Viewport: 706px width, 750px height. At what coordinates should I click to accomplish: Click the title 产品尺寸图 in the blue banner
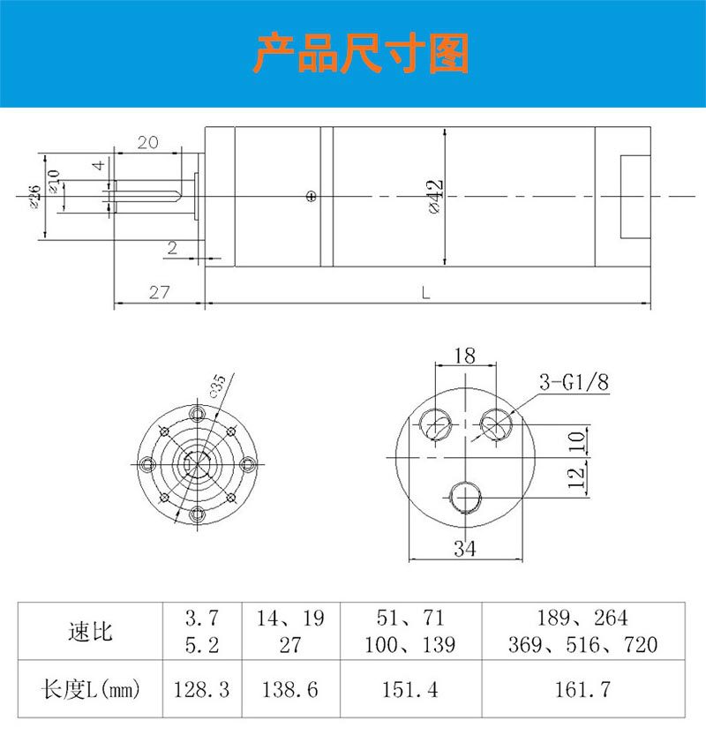pyautogui.click(x=361, y=55)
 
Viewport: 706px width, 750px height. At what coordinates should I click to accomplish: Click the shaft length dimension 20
pyautogui.click(x=147, y=143)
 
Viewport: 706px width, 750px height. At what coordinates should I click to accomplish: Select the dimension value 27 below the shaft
pyautogui.click(x=158, y=293)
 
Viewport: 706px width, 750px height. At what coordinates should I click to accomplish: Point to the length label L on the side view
pyautogui.click(x=425, y=293)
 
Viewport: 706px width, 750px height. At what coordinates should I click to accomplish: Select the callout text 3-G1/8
pyautogui.click(x=575, y=383)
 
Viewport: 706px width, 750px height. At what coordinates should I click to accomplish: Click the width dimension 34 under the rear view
pyautogui.click(x=464, y=549)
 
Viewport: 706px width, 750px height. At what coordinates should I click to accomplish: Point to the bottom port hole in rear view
pyautogui.click(x=464, y=499)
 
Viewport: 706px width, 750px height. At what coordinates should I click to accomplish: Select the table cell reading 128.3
pyautogui.click(x=202, y=689)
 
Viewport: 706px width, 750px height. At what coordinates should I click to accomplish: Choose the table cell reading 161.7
pyautogui.click(x=582, y=689)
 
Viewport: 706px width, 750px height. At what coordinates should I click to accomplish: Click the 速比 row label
pyautogui.click(x=91, y=631)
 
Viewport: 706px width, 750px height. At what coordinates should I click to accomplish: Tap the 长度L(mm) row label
pyautogui.click(x=91, y=689)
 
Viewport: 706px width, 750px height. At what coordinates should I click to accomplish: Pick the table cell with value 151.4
pyautogui.click(x=409, y=689)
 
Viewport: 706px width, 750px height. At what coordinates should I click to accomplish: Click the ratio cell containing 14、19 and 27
pyautogui.click(x=289, y=631)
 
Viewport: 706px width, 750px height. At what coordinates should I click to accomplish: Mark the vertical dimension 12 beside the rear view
pyautogui.click(x=576, y=476)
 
